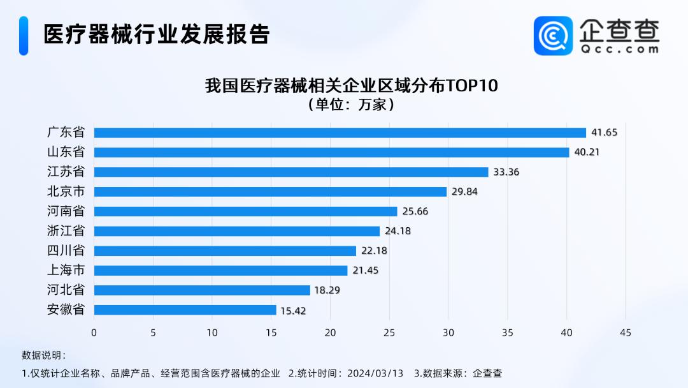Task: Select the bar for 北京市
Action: (270, 191)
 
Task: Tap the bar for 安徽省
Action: (185, 310)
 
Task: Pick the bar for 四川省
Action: (225, 251)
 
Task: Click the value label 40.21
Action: (587, 153)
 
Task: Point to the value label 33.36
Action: (506, 172)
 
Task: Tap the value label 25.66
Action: (415, 211)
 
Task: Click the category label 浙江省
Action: (66, 231)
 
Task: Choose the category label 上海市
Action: (66, 271)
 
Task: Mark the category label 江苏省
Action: (66, 172)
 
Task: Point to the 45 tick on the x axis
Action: (626, 332)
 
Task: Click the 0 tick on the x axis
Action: (94, 332)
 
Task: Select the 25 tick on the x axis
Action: (389, 332)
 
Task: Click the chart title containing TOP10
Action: (350, 86)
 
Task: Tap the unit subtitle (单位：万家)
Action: (350, 105)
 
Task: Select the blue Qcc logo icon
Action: (553, 35)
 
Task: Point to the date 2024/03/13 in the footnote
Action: (375, 373)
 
